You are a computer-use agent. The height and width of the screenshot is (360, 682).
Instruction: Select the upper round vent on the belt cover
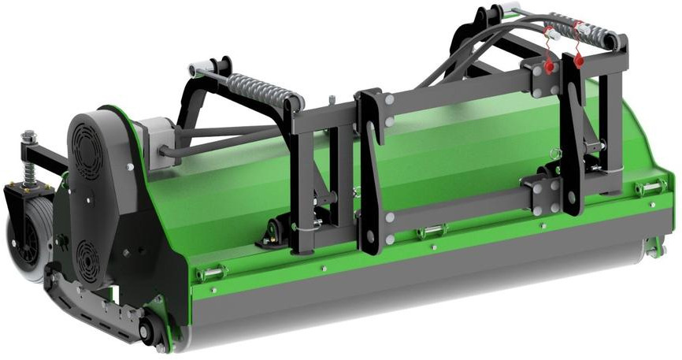tap(87, 146)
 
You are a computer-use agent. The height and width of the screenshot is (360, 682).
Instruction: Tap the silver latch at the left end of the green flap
tap(211, 273)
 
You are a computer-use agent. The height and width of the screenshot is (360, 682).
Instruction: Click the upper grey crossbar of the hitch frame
tap(457, 98)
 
